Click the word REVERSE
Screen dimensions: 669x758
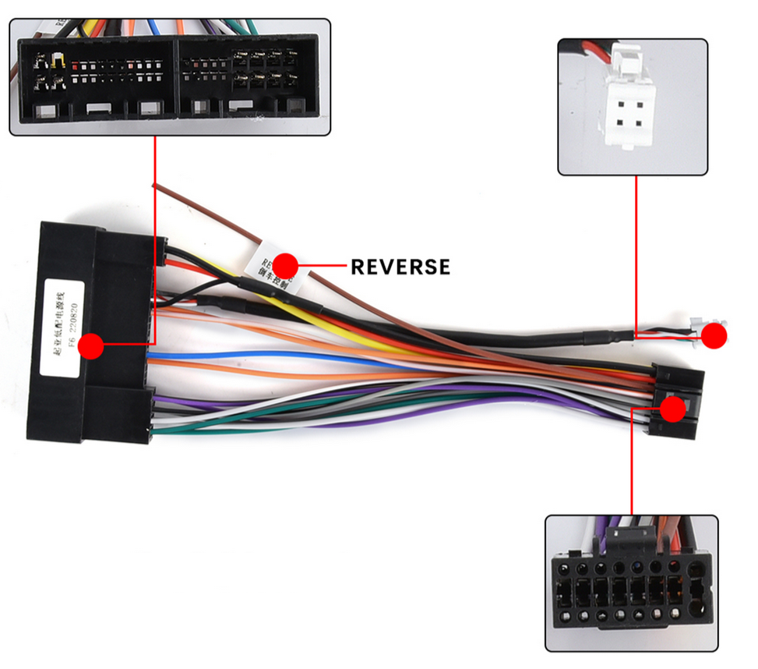click(400, 267)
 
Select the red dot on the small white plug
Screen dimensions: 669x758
click(714, 335)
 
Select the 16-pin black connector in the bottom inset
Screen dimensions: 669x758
click(629, 589)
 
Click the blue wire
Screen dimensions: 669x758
click(234, 357)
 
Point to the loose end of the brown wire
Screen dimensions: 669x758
click(156, 186)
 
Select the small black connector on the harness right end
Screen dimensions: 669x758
click(676, 402)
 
